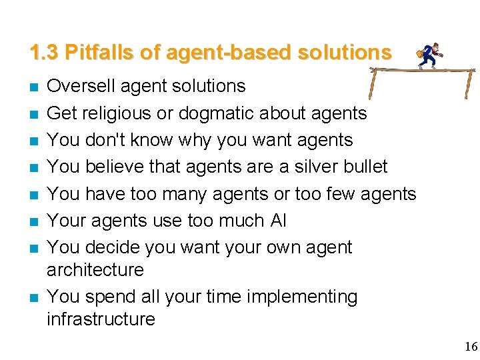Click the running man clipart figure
coord(427,56)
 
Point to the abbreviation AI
coord(279,221)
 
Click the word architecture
coord(95,270)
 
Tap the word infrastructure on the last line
coord(101,319)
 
